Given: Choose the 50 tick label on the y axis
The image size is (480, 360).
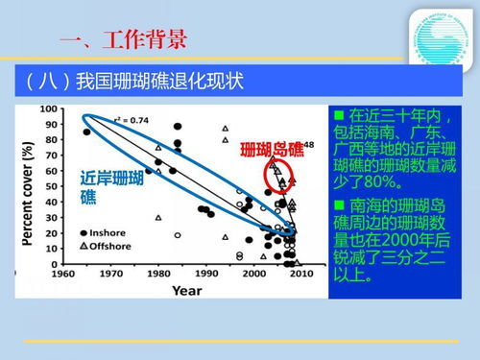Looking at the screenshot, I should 53,186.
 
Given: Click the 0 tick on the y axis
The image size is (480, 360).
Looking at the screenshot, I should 57,264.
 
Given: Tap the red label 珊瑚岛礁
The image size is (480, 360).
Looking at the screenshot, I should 272,150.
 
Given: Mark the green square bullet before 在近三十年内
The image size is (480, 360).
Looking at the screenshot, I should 337,113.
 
